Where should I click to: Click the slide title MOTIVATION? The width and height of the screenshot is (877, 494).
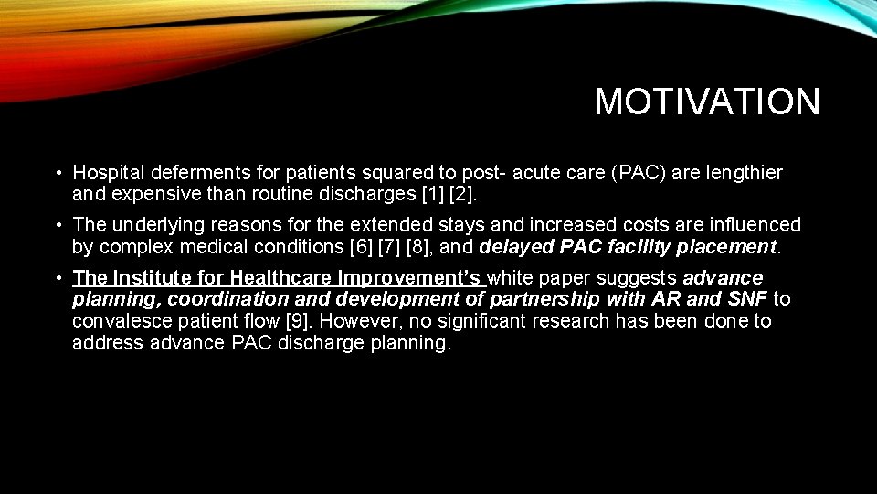(x=707, y=102)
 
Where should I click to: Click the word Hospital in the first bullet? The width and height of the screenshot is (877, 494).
(x=105, y=173)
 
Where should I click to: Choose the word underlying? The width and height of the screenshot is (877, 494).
(x=160, y=225)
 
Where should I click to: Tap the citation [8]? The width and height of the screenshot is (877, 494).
(x=407, y=247)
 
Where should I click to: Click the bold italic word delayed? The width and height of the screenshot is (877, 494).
(x=516, y=247)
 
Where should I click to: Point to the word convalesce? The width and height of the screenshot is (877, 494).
(x=118, y=321)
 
